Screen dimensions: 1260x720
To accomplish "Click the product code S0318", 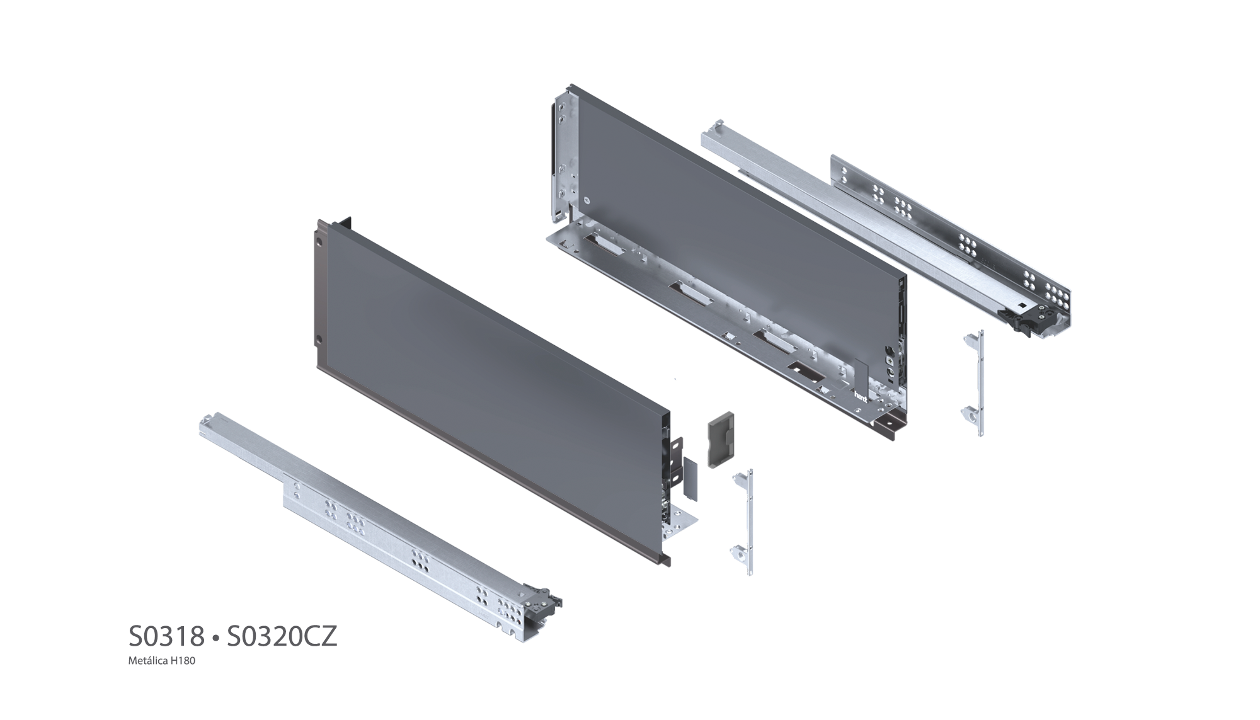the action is (166, 637).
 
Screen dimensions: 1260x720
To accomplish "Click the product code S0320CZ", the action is (282, 637).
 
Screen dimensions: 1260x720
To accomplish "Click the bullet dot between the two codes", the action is (215, 638).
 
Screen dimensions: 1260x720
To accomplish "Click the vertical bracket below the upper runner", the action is (974, 382).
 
